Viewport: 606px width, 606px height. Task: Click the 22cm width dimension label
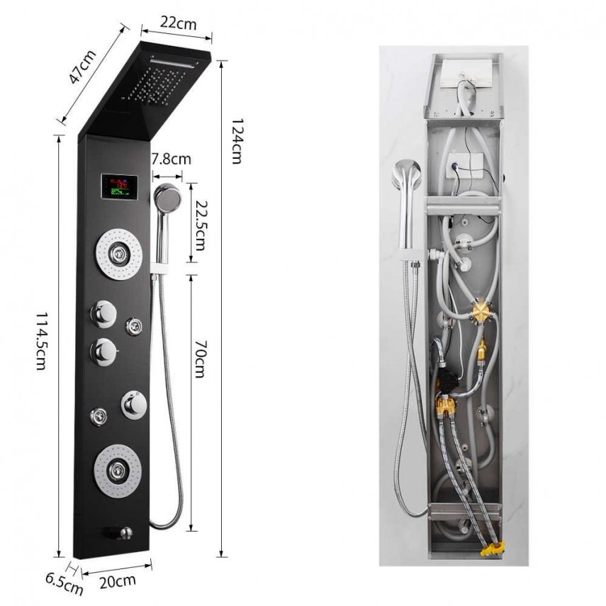[177, 23]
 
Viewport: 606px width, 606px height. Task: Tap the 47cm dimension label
[84, 66]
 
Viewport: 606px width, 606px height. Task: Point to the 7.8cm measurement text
[170, 159]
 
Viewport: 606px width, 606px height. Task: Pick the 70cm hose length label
[200, 359]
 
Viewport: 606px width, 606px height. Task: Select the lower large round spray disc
[116, 467]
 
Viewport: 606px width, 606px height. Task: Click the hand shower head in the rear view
[408, 174]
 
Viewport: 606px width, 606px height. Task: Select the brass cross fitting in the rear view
[480, 311]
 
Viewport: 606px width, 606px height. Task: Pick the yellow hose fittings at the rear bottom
[490, 549]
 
